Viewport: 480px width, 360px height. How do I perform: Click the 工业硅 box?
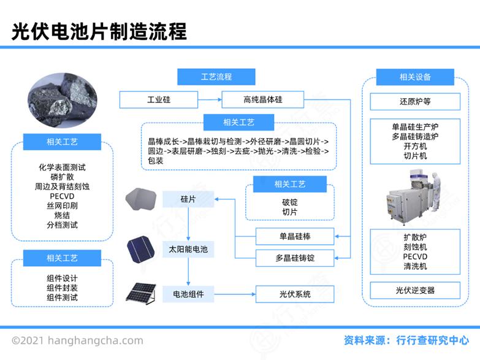click(159, 99)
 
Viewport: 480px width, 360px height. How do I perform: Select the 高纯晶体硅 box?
click(262, 99)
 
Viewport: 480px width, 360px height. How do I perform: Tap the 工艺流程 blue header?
click(216, 77)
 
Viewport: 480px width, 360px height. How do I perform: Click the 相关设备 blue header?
click(415, 77)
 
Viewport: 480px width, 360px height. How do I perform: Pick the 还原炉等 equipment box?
click(415, 101)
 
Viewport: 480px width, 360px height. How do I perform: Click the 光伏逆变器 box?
click(415, 290)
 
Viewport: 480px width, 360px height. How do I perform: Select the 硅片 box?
click(188, 199)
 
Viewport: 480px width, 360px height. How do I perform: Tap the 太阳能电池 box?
click(188, 249)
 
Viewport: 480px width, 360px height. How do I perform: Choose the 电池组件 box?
click(188, 294)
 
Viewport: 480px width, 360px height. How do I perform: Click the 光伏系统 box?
click(295, 294)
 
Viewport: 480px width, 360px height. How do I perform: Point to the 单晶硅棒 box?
click(295, 236)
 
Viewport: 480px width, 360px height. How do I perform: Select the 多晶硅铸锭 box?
click(295, 258)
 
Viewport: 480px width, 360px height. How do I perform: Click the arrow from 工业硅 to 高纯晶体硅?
click(210, 99)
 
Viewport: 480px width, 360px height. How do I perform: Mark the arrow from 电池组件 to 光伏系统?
click(235, 294)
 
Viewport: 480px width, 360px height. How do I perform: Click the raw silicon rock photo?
click(63, 101)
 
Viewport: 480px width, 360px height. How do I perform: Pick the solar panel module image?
click(141, 294)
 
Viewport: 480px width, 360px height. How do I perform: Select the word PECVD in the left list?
click(62, 196)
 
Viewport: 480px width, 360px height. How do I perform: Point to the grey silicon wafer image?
click(141, 199)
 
